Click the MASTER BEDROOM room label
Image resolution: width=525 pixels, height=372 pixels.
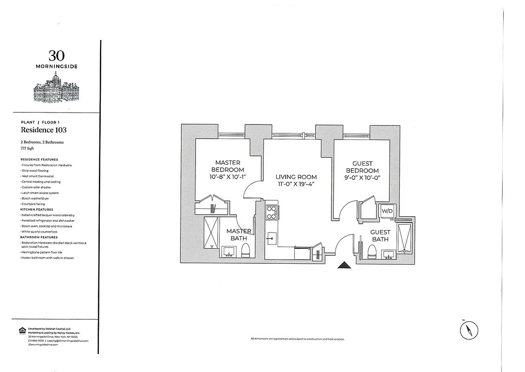(x=228, y=166)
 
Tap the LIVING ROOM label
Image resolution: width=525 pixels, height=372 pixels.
(x=296, y=177)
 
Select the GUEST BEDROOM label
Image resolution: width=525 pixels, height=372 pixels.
(x=363, y=167)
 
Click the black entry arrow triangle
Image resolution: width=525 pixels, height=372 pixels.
(x=344, y=265)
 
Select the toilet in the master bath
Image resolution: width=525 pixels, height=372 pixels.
(x=246, y=251)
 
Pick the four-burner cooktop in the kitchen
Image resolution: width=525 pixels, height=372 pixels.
(x=271, y=213)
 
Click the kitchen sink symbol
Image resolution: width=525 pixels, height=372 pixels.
(x=271, y=238)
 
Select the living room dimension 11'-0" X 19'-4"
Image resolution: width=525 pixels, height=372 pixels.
(x=296, y=185)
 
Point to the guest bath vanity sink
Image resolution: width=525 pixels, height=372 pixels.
(x=388, y=253)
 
